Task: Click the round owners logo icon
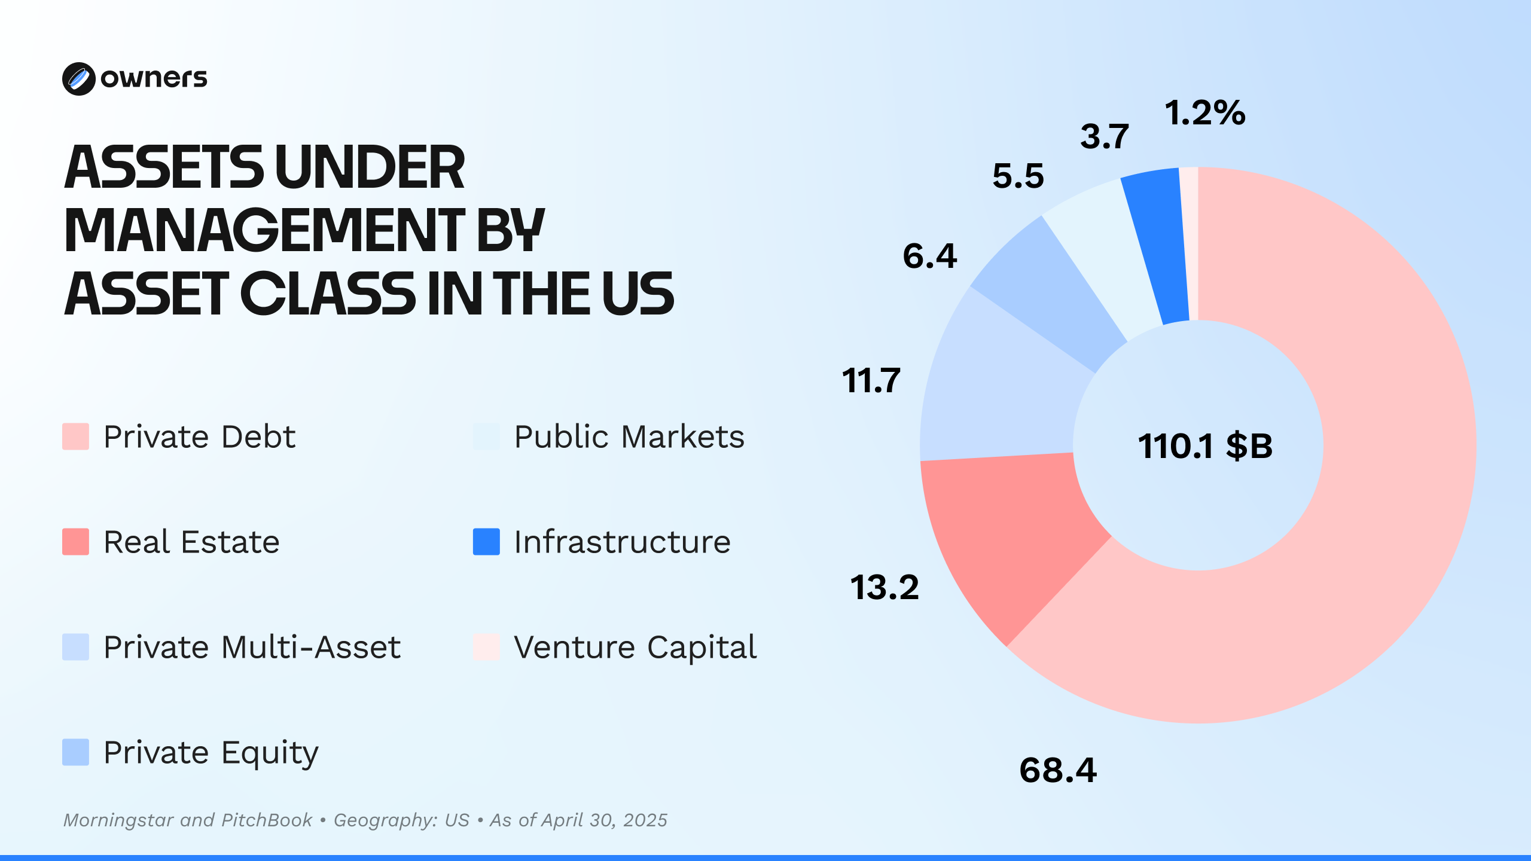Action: [x=78, y=79]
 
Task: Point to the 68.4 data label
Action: [x=1058, y=770]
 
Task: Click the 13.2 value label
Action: [x=884, y=587]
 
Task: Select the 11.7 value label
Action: [x=871, y=380]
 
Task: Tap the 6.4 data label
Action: [x=929, y=256]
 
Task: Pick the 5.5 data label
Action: [x=1018, y=176]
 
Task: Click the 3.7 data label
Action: [x=1104, y=136]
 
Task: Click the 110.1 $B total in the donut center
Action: [x=1204, y=446]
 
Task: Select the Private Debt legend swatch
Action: [x=76, y=436]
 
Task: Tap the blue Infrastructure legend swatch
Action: [x=486, y=542]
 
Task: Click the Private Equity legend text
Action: [x=211, y=752]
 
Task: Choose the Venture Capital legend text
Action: [x=635, y=647]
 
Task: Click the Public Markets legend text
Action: [x=629, y=436]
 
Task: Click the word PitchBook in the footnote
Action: [x=267, y=820]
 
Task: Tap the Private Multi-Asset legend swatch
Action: [x=76, y=647]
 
